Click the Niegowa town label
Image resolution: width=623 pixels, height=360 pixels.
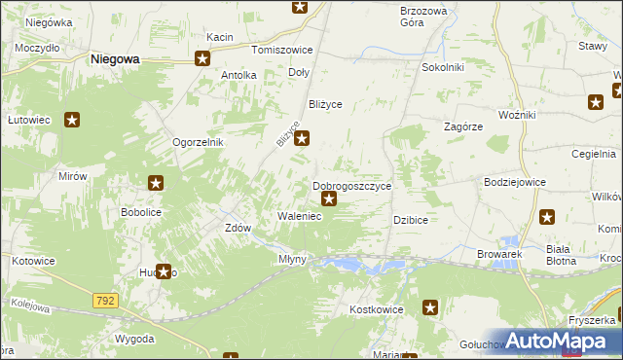click(114, 58)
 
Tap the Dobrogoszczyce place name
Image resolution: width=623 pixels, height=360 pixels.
click(351, 185)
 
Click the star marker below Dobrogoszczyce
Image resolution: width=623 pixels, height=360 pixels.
click(329, 200)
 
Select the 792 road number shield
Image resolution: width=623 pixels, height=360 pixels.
click(106, 302)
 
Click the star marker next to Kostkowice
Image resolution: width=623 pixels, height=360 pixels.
click(430, 308)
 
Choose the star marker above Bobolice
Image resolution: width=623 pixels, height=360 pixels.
click(156, 182)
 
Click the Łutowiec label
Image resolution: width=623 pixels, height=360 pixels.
click(29, 121)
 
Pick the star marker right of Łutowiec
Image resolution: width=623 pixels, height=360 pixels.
click(72, 121)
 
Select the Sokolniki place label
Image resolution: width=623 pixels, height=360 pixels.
click(442, 67)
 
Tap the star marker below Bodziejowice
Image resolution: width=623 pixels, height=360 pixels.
click(547, 217)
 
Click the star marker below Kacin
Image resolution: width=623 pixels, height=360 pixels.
click(202, 58)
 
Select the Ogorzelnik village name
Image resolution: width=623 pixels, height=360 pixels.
click(199, 142)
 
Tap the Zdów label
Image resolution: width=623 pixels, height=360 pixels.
click(238, 228)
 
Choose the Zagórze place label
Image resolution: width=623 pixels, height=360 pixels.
click(463, 126)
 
